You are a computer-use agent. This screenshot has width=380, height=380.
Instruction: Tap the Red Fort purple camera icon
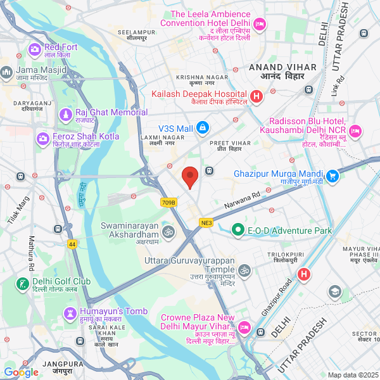click(35, 48)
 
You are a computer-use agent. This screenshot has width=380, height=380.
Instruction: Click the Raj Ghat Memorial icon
click(66, 114)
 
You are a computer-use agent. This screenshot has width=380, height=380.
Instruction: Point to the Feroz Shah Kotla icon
click(43, 137)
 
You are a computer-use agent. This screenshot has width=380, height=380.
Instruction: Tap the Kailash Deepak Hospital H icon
click(256, 97)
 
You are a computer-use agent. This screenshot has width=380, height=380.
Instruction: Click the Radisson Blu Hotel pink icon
click(355, 131)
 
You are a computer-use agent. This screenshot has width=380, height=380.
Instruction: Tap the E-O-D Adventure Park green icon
click(238, 229)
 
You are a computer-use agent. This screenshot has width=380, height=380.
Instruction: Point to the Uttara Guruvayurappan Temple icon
click(245, 270)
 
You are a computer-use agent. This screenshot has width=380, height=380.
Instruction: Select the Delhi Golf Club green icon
click(23, 283)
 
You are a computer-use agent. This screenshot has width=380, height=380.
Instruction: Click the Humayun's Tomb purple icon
click(70, 313)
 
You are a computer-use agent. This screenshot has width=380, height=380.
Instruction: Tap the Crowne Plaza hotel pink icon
click(244, 329)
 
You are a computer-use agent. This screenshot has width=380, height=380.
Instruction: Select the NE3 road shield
click(206, 222)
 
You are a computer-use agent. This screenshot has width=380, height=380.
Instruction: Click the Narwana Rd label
click(243, 202)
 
